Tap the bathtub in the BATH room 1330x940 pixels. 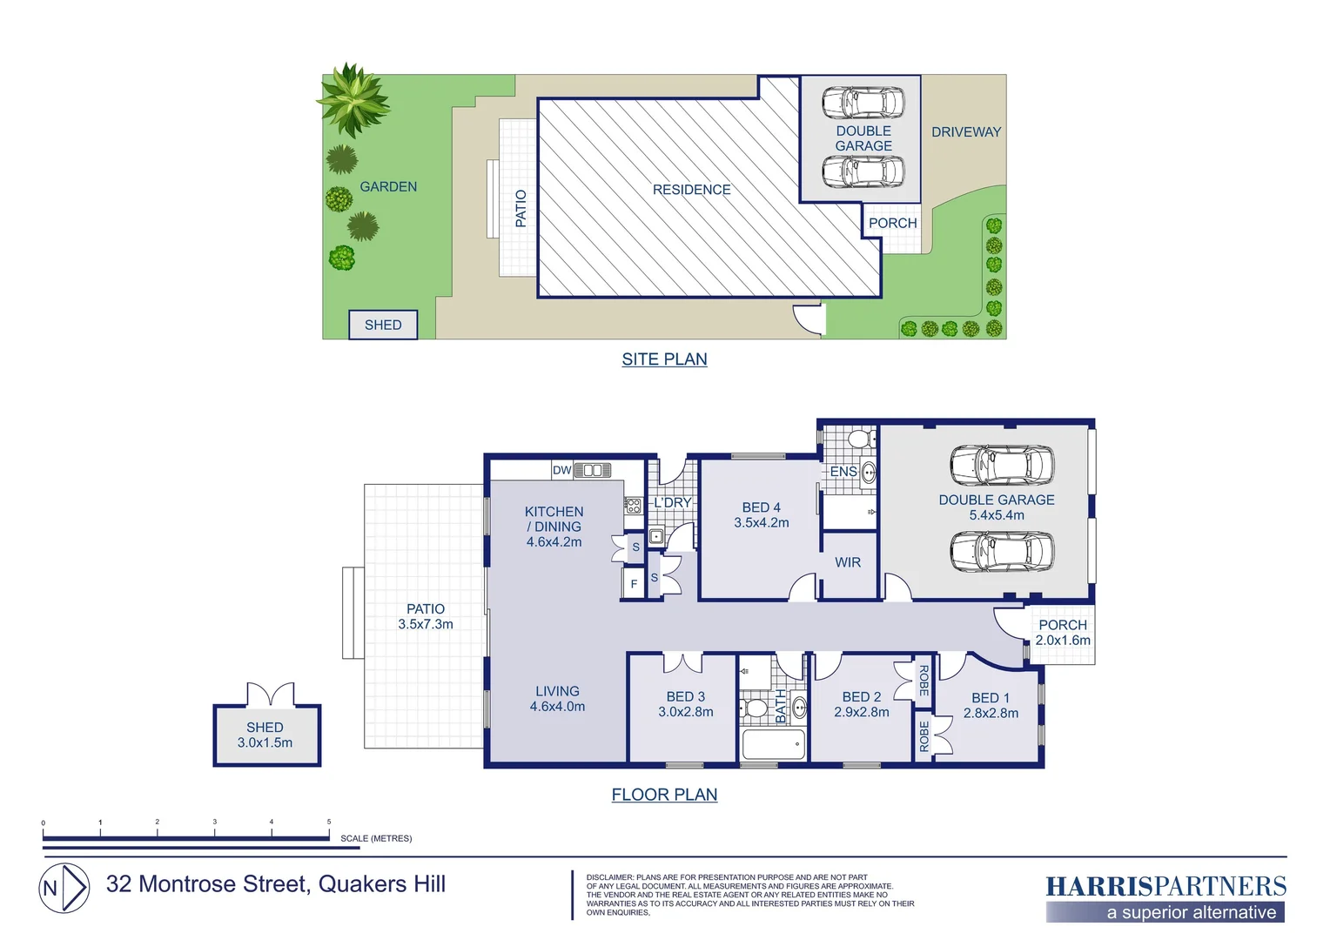click(774, 744)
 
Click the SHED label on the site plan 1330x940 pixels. click(383, 325)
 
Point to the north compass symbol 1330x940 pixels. click(64, 888)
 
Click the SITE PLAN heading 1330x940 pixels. click(664, 359)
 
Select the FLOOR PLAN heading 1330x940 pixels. click(664, 794)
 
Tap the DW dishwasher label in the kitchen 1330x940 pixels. click(561, 470)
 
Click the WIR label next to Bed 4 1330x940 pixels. click(848, 562)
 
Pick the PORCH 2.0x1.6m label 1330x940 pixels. click(1063, 632)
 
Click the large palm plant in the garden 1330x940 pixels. click(353, 98)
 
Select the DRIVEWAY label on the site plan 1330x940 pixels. click(965, 132)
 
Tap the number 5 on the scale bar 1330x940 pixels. click(329, 822)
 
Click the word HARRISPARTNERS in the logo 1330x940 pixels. click(1165, 886)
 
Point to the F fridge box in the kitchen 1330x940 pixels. click(634, 584)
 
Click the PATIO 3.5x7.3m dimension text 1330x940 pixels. click(426, 623)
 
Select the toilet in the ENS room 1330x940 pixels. click(860, 438)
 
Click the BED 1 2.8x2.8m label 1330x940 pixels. click(991, 705)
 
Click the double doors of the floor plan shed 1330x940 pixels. click(270, 695)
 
